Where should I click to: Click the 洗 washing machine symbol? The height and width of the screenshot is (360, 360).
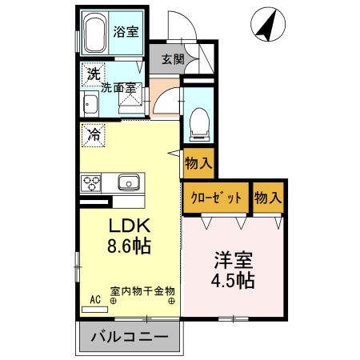point(94,74)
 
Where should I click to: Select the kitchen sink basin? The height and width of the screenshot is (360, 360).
point(129,182)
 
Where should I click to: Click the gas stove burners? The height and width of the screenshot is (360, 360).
point(90,183)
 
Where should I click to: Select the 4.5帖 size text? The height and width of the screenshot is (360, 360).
point(234,281)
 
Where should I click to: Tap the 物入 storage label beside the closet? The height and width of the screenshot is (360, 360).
point(267,198)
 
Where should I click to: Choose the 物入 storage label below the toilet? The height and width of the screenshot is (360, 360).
point(198,163)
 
